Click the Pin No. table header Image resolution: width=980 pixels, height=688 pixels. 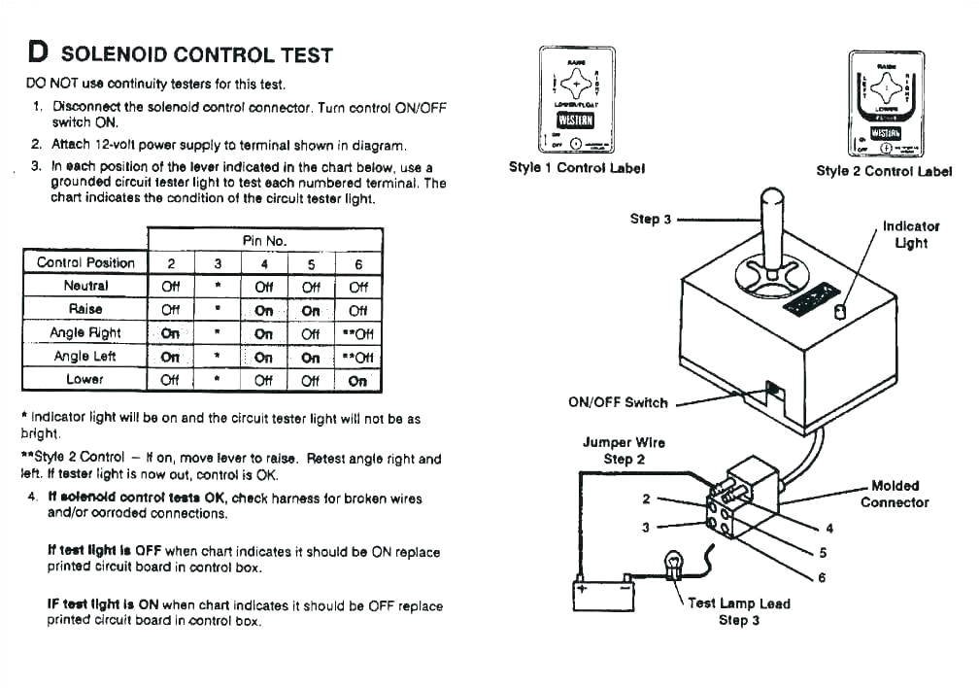point(264,239)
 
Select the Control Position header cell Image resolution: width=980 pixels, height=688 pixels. point(85,262)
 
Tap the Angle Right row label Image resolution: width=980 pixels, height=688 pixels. point(85,332)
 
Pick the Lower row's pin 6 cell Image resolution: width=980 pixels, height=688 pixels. point(357,380)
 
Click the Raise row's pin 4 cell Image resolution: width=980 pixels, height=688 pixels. point(264,310)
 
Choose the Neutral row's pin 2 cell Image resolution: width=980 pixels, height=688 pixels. point(171,287)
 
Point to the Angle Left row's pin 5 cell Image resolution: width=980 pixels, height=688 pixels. point(311,357)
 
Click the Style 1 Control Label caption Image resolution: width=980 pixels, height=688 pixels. point(577,167)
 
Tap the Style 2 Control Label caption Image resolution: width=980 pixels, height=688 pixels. point(884,171)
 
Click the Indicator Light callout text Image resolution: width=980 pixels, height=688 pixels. point(910,234)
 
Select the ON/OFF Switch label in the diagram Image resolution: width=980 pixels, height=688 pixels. point(619,402)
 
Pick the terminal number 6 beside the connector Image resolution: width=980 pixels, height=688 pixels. point(822,577)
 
